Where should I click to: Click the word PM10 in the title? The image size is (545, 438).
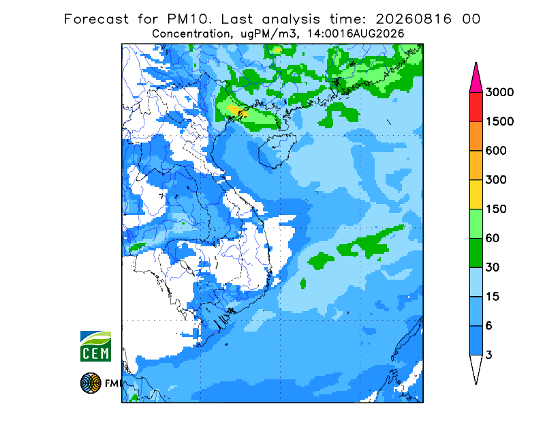tap(189, 19)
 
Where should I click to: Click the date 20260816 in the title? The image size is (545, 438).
tap(414, 19)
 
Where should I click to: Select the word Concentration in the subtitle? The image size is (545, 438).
tap(191, 34)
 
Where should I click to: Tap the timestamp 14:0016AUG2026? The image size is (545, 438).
tap(356, 34)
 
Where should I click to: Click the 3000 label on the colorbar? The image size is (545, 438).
tap(499, 92)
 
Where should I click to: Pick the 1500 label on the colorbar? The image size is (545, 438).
tap(499, 121)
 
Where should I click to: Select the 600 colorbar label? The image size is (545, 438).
tap(496, 151)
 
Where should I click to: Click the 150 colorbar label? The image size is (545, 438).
tap(496, 209)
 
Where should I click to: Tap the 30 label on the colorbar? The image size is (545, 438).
tap(493, 267)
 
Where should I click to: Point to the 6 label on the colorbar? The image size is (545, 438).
tap(489, 326)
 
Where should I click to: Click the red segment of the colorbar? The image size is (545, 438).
tap(476, 107)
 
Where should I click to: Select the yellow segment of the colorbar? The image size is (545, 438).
tap(476, 194)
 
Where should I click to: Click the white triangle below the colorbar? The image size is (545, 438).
tap(476, 367)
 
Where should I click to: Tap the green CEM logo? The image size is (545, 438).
tap(95, 346)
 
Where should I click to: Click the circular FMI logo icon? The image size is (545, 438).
tap(91, 383)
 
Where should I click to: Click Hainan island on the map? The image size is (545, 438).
tap(277, 150)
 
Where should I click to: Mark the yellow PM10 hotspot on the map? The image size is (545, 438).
tap(237, 110)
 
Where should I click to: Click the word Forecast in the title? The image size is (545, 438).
tap(96, 19)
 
